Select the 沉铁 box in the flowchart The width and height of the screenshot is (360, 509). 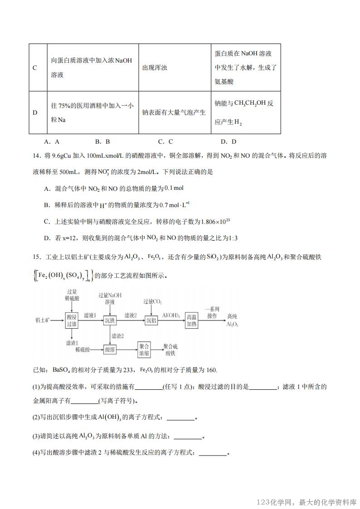coord(110,320)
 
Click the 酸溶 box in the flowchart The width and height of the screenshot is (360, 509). coord(110,349)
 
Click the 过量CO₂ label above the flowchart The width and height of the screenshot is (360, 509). coord(152,302)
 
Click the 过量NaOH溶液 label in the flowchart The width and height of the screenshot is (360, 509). coord(110,298)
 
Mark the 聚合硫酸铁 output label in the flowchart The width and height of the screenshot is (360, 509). coord(171,349)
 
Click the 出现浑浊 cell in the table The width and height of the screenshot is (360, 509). coord(155,68)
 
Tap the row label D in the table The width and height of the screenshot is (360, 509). coord(35,112)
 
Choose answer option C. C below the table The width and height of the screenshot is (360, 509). coord(165,141)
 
